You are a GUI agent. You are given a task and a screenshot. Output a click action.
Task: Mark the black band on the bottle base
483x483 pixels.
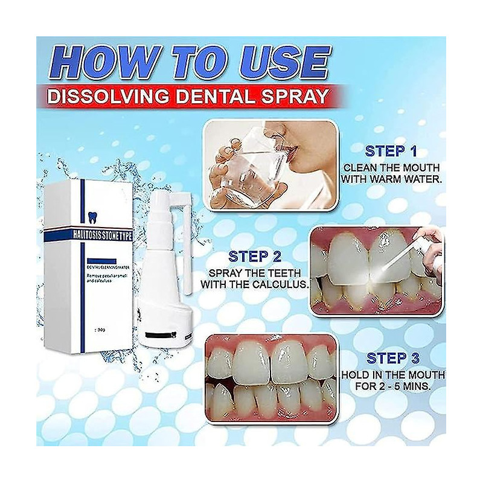click(156, 334)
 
